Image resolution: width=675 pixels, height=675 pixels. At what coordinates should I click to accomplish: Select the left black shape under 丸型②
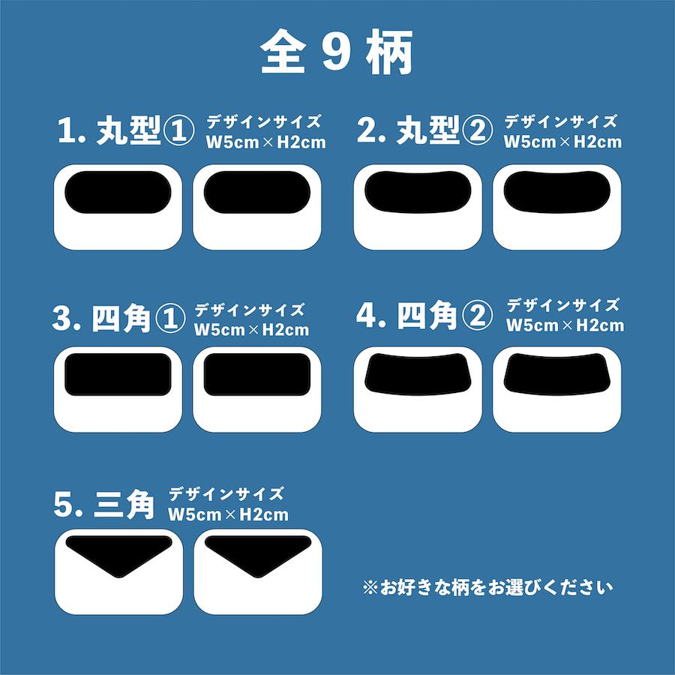(x=418, y=190)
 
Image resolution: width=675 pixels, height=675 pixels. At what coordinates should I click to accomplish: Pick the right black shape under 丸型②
(x=556, y=190)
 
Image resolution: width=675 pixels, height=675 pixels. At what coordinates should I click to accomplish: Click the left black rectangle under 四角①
(x=118, y=373)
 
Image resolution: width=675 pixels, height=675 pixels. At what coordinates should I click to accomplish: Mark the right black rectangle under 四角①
(x=256, y=373)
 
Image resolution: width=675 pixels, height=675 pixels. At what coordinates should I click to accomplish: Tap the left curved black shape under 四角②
(x=418, y=373)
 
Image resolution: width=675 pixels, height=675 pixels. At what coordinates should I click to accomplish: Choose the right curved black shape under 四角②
(x=556, y=373)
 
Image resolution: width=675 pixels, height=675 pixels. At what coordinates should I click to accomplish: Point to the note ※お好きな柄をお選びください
(x=487, y=587)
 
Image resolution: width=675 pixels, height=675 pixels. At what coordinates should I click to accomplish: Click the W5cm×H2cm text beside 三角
(x=228, y=514)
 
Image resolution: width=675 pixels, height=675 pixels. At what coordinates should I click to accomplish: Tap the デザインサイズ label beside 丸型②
(x=561, y=121)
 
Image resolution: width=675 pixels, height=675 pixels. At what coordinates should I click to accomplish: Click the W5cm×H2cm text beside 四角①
(x=250, y=329)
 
